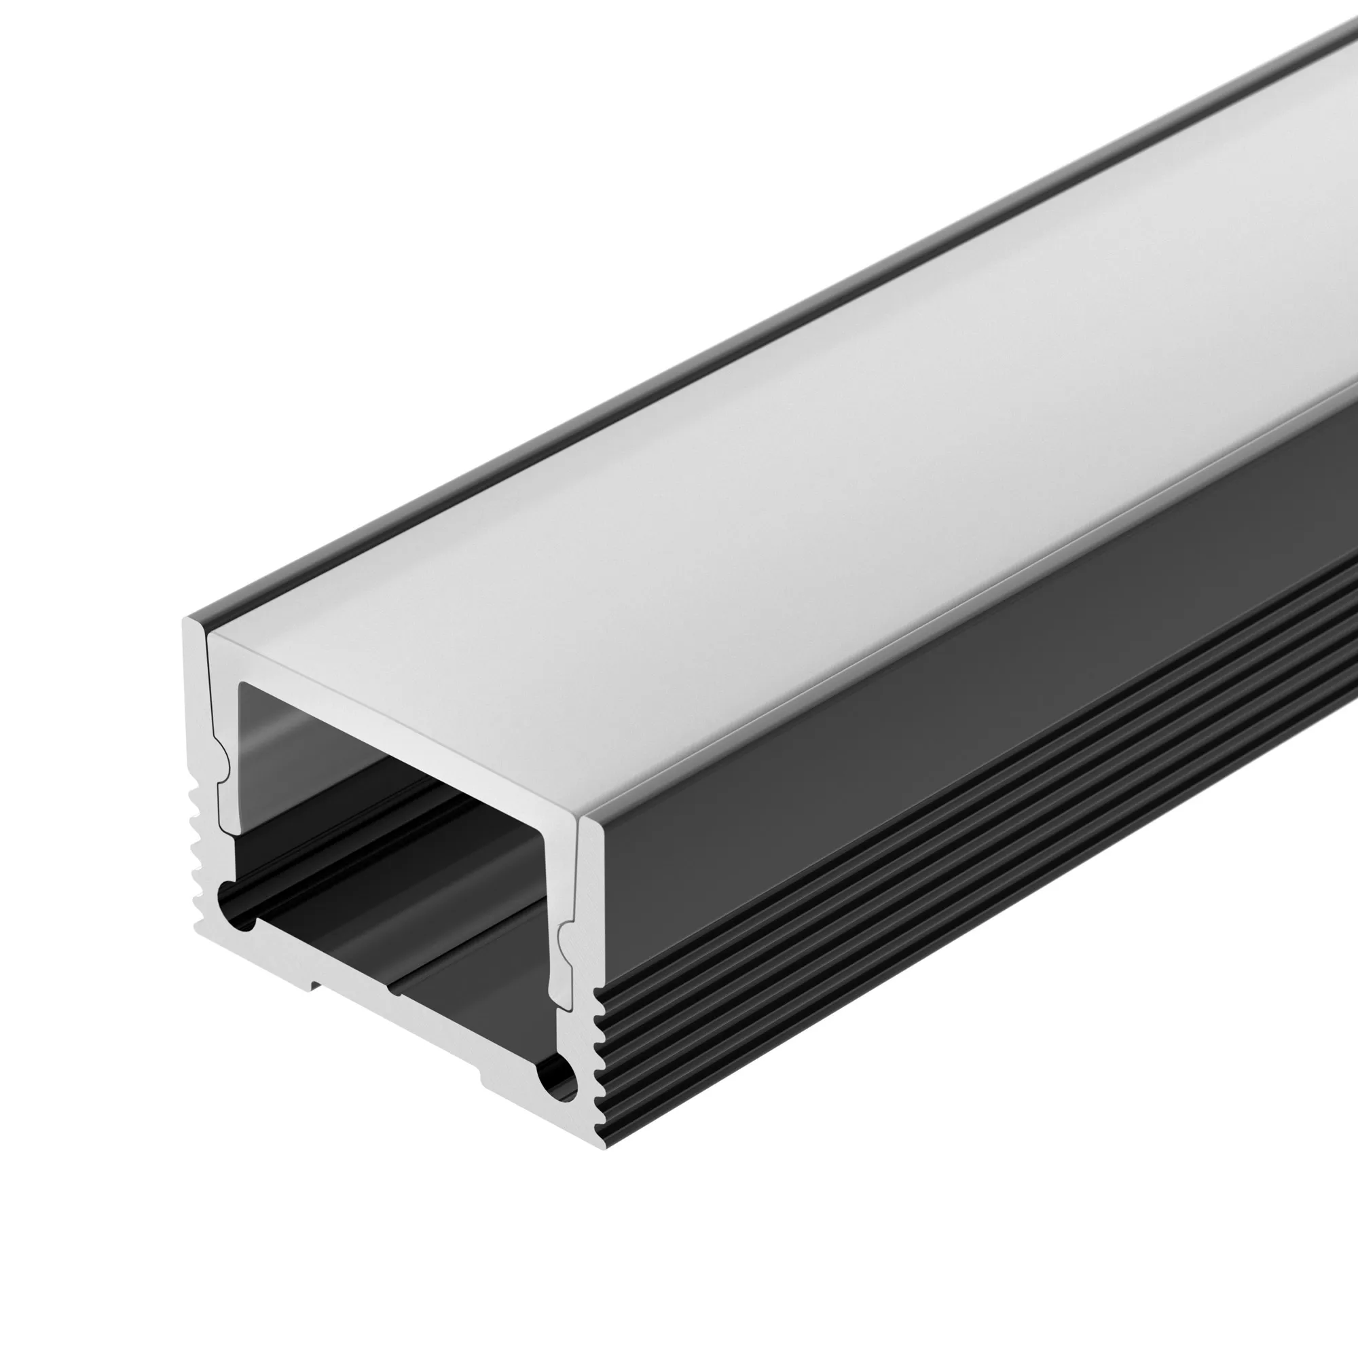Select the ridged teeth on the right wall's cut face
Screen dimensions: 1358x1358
click(x=598, y=1054)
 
